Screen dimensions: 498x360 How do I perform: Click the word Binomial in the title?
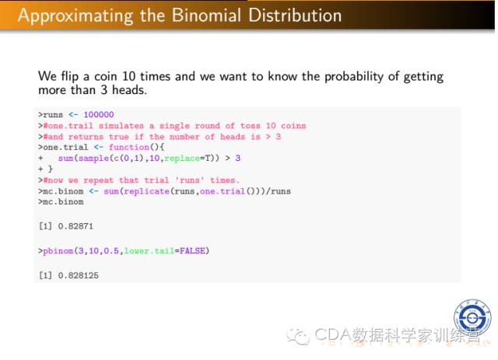coord(206,16)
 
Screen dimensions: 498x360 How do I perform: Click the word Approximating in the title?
coord(75,16)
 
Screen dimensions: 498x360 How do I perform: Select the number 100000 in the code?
coord(99,114)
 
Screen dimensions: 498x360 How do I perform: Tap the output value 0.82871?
coord(75,226)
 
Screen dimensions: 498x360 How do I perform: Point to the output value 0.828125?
coord(78,275)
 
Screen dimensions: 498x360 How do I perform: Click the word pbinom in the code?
coord(58,251)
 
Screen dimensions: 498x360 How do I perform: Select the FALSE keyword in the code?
coord(192,251)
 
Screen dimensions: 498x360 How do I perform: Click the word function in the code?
coord(129,147)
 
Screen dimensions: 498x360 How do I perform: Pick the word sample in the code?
coord(93,158)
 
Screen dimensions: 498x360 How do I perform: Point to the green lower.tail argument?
coord(149,251)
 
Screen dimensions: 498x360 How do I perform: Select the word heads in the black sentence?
coord(129,90)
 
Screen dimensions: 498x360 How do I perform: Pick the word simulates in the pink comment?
coord(121,126)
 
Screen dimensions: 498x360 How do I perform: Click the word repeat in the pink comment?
coord(99,180)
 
